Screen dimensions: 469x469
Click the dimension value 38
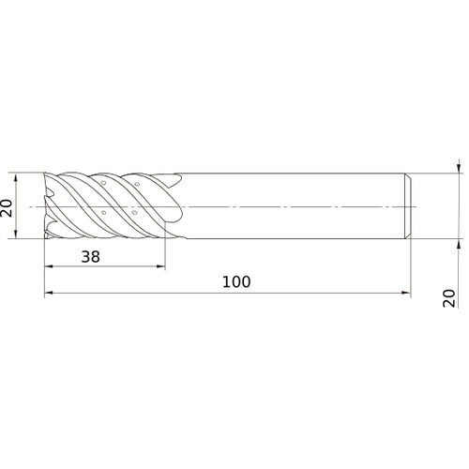click(91, 257)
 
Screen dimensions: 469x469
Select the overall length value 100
click(236, 281)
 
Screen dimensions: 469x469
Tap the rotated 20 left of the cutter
click(7, 207)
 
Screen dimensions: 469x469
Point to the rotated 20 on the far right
click(449, 298)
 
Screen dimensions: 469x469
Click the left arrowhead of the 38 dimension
click(49, 266)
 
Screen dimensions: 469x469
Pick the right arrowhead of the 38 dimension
click(160, 266)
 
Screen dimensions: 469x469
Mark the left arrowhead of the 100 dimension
click(49, 293)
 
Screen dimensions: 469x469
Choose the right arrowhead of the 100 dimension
click(406, 293)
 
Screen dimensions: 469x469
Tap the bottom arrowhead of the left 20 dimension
click(16, 234)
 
